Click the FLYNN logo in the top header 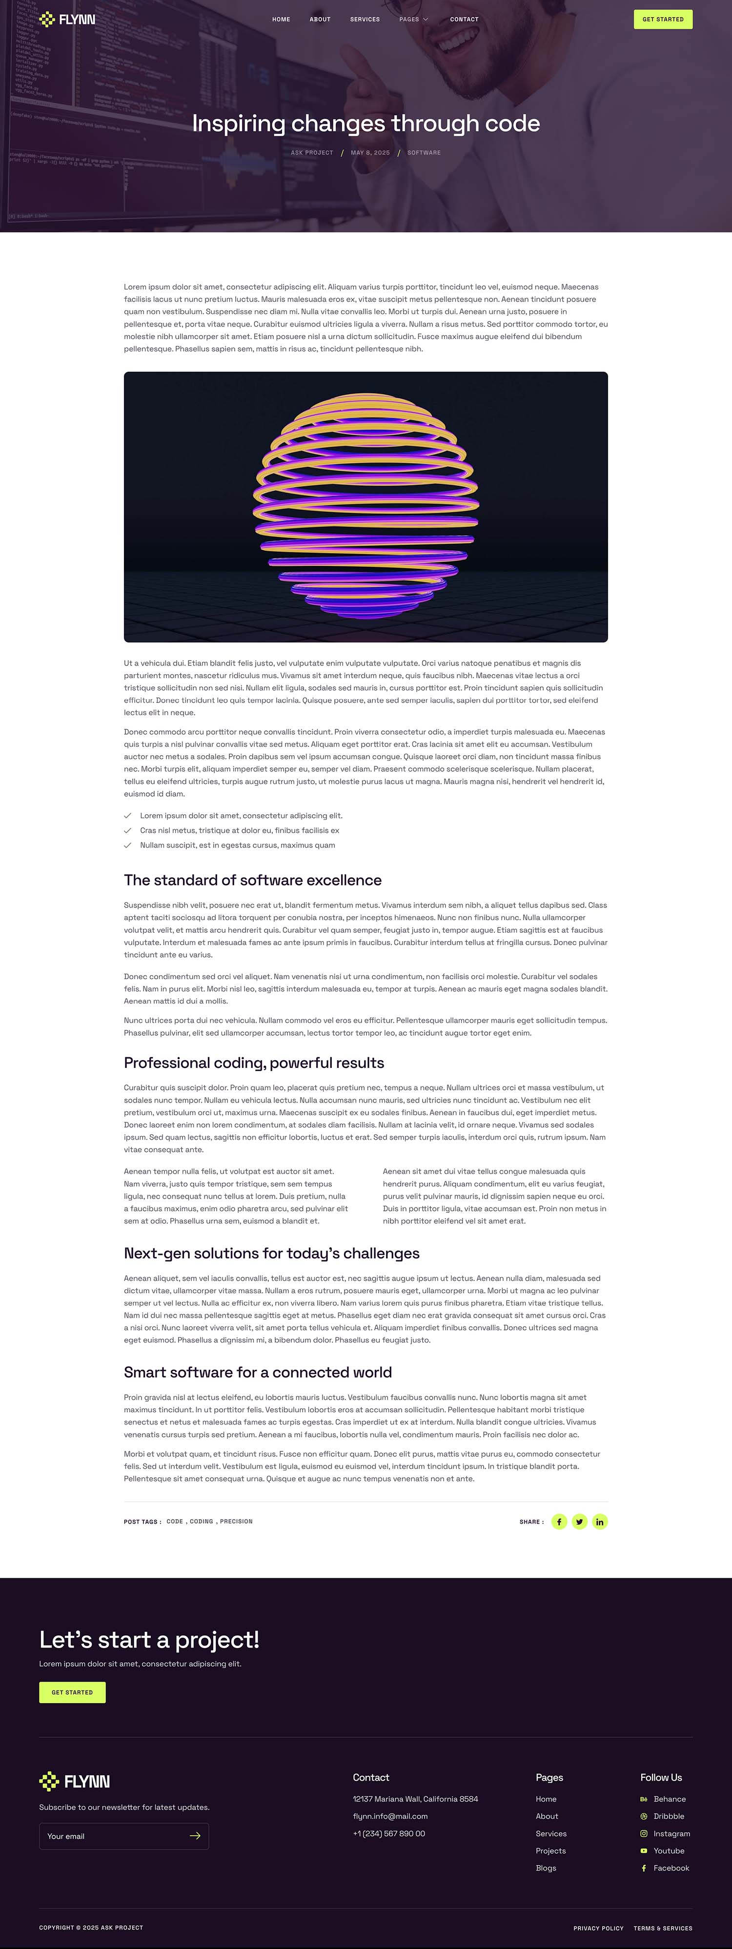[x=67, y=19]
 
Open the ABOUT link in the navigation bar [x=320, y=20]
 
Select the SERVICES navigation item [x=365, y=20]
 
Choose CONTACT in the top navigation [x=464, y=20]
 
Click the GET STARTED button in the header [x=662, y=19]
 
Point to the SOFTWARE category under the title [x=424, y=153]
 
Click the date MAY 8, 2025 [x=370, y=153]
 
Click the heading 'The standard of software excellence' [x=253, y=880]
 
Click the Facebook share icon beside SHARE [x=559, y=1522]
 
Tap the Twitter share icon [x=579, y=1522]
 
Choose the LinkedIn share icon [x=600, y=1522]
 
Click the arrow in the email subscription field [x=195, y=1835]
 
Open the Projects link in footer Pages [x=550, y=1850]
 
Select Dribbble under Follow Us [x=669, y=1816]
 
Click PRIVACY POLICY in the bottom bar [x=598, y=1928]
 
